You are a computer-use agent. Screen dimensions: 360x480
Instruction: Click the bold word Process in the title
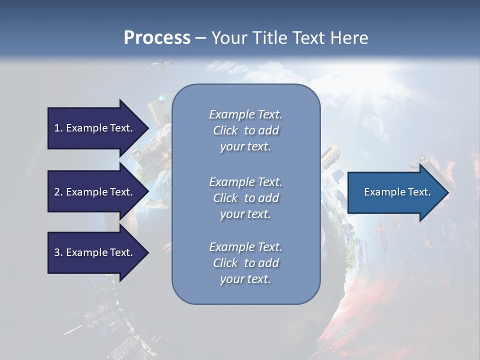pyautogui.click(x=157, y=38)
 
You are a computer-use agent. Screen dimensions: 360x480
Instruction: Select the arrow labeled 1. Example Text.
pyautogui.click(x=95, y=128)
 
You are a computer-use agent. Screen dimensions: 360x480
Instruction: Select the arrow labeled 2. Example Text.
pyautogui.click(x=95, y=192)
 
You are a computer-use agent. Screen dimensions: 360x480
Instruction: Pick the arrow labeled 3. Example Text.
pyautogui.click(x=95, y=252)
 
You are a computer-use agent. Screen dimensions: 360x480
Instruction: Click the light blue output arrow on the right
pyautogui.click(x=395, y=192)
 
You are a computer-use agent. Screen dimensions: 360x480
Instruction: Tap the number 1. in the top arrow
pyautogui.click(x=58, y=128)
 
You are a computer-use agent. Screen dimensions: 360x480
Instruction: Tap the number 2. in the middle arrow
pyautogui.click(x=58, y=192)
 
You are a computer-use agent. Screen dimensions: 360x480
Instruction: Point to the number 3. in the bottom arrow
pyautogui.click(x=58, y=252)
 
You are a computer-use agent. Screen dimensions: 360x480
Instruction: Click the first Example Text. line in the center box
pyautogui.click(x=245, y=114)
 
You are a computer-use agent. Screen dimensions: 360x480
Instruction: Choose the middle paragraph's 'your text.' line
pyautogui.click(x=245, y=214)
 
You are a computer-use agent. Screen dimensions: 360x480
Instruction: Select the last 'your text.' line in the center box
pyautogui.click(x=245, y=279)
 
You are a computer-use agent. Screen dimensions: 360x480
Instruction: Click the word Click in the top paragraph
pyautogui.click(x=225, y=130)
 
